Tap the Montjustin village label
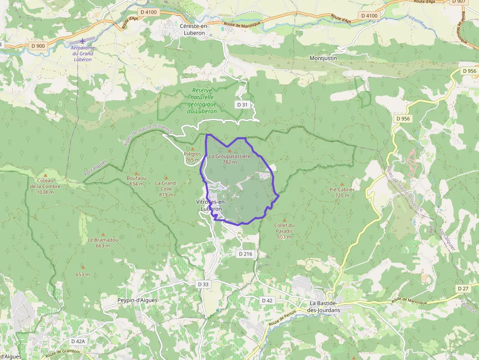323,58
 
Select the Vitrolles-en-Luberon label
211,206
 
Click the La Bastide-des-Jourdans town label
324,306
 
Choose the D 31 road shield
242,105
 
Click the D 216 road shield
245,254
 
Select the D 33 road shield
203,284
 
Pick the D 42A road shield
78,341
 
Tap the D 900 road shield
37,46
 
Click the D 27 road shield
463,289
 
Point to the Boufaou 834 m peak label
136,181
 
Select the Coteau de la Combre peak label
45,186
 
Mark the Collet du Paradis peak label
284,231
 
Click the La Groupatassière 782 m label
229,159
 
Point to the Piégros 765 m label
192,157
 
